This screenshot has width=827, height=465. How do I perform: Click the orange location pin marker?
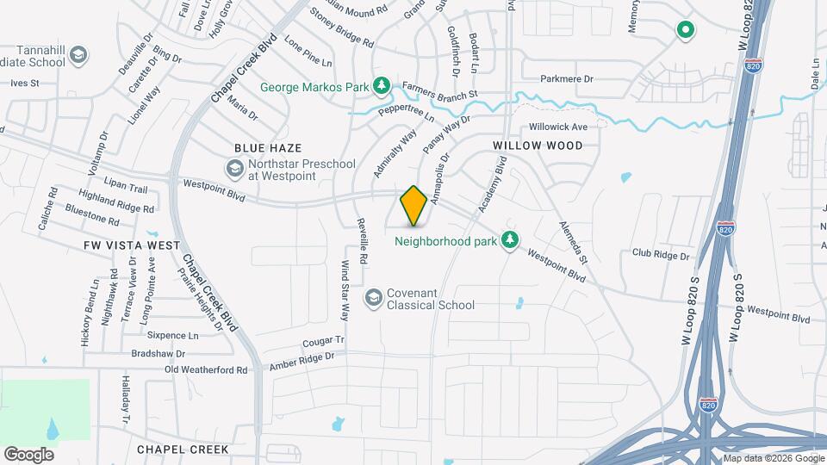pyautogui.click(x=413, y=205)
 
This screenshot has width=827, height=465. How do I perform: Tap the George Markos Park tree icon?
pyautogui.click(x=381, y=86)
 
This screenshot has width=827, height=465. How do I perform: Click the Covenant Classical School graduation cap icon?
pyautogui.click(x=373, y=298)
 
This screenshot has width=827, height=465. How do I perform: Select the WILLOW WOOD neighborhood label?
pyautogui.click(x=538, y=146)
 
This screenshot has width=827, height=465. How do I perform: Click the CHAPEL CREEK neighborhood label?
pyautogui.click(x=182, y=449)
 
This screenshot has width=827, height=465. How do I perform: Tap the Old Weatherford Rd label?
pyautogui.click(x=206, y=369)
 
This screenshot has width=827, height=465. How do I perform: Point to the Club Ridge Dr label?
pyautogui.click(x=661, y=255)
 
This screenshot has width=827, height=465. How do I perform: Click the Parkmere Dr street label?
pyautogui.click(x=567, y=79)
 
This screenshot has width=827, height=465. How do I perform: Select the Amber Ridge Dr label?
pyautogui.click(x=302, y=361)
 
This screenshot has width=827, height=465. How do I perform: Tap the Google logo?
pyautogui.click(x=28, y=454)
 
